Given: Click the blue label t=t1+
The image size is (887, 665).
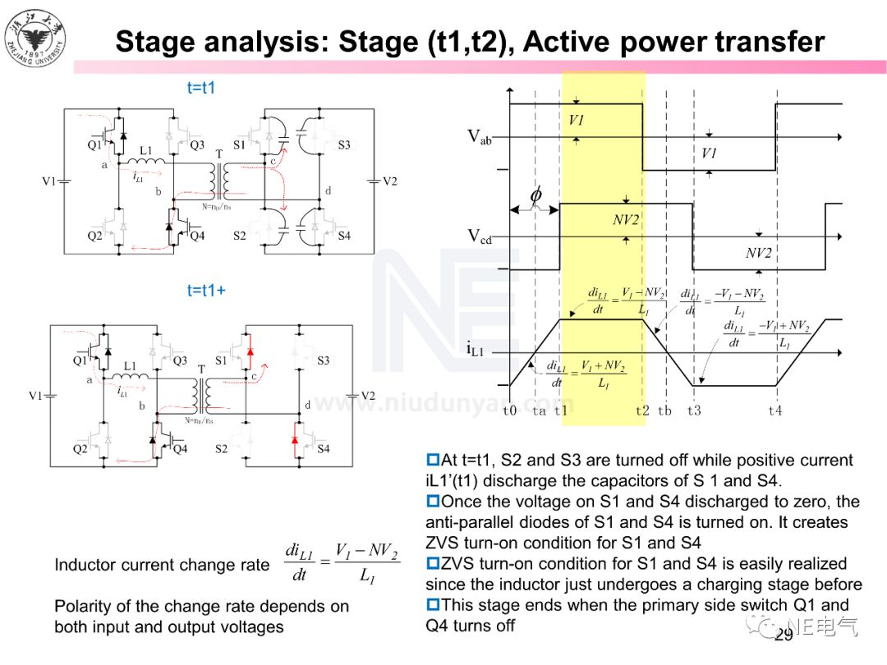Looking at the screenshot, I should pos(205,290).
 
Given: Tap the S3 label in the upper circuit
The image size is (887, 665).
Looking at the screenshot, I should pos(344,145).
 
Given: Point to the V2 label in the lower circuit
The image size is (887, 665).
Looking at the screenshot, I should pos(367,396).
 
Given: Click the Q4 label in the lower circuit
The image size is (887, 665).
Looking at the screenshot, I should pos(180,449).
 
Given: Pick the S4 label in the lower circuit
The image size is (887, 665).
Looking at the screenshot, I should pos(324,449).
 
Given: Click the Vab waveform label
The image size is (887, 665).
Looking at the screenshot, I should pos(480,137).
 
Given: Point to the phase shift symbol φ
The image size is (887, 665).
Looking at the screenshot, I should pos(535,195).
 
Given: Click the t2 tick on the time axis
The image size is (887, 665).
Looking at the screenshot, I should pos(642,410).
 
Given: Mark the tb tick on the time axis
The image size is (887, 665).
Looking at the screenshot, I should pos(664,410).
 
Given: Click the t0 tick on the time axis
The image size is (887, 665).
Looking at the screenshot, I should pos(510,410).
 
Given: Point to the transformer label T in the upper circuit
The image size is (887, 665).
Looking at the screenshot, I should pos(218,154).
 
